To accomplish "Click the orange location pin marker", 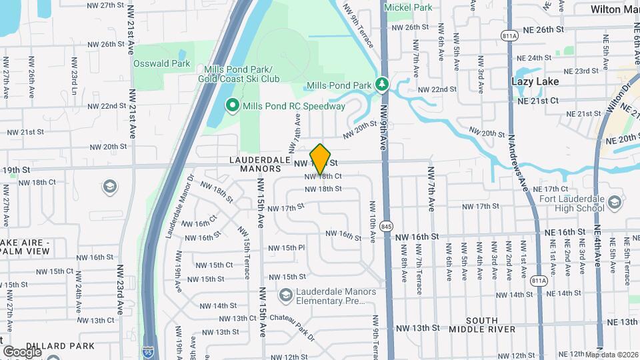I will click(321, 159).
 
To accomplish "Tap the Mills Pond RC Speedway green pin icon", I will click(233, 105).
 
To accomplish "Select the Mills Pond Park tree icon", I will click(382, 85).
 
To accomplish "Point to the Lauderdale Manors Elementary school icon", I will click(285, 295).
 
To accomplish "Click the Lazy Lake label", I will click(535, 81).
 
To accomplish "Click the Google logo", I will click(22, 351).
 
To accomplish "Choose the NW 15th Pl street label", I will click(286, 248).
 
